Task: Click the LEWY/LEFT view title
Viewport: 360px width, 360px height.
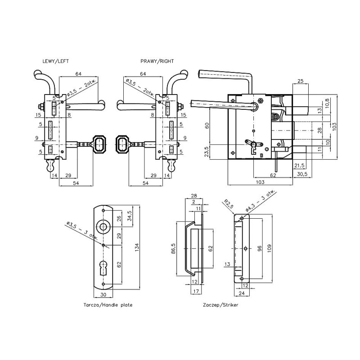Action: click(55, 61)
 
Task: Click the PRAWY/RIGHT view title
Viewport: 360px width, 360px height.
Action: click(157, 61)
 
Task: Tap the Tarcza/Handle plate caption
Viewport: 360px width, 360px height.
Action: click(108, 305)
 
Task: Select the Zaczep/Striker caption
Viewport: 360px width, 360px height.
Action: click(220, 305)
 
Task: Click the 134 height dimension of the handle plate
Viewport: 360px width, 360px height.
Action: click(137, 247)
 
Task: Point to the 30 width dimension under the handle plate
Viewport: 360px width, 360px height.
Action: click(103, 295)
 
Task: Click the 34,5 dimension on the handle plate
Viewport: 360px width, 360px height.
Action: click(130, 216)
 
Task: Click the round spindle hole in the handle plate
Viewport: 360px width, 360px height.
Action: click(103, 226)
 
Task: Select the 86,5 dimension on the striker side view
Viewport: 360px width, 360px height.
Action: click(173, 248)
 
